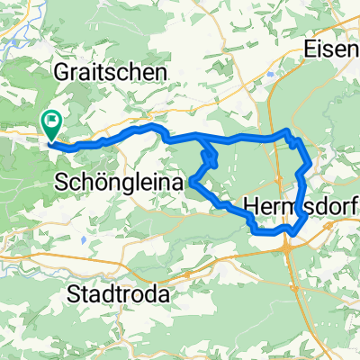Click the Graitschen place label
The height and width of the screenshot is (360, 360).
point(112,70)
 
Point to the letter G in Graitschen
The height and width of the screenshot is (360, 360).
point(63,70)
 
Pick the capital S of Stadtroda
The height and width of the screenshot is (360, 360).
point(76,293)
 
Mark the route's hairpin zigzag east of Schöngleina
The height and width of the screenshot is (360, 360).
point(209,159)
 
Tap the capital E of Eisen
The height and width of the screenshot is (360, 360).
point(311,49)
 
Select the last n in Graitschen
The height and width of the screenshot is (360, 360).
point(161,70)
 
